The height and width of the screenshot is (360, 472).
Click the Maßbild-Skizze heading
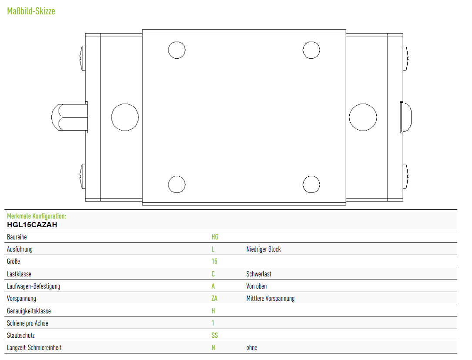pyautogui.click(x=31, y=11)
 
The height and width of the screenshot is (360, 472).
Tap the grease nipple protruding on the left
pyautogui.click(x=70, y=117)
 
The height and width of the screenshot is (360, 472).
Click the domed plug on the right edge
pyautogui.click(x=406, y=117)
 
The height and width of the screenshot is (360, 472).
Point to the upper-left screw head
pyautogui.click(x=83, y=58)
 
